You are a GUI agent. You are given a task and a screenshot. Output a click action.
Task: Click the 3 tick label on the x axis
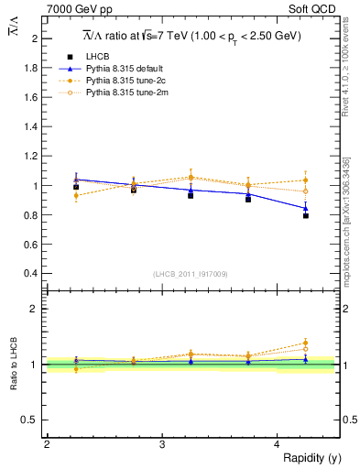click(162, 444)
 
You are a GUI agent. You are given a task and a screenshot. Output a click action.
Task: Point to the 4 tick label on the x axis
click(278, 444)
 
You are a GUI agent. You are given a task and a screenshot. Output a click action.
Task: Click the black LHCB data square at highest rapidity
click(306, 215)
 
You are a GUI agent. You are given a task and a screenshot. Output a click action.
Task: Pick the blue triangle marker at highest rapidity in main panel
click(306, 208)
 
